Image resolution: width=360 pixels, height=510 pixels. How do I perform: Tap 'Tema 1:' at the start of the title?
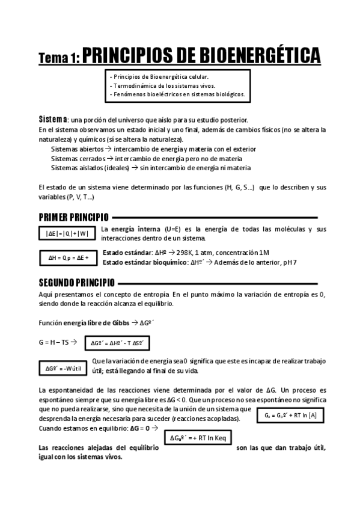[x=58, y=58]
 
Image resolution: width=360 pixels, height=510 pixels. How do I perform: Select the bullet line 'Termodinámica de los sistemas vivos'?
[x=162, y=86]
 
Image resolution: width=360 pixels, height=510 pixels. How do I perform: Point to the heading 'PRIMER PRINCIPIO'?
[x=73, y=217]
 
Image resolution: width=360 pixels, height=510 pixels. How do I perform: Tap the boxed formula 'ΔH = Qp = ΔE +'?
[x=68, y=258]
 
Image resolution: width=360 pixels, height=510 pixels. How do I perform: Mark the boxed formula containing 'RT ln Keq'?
[x=198, y=437]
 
